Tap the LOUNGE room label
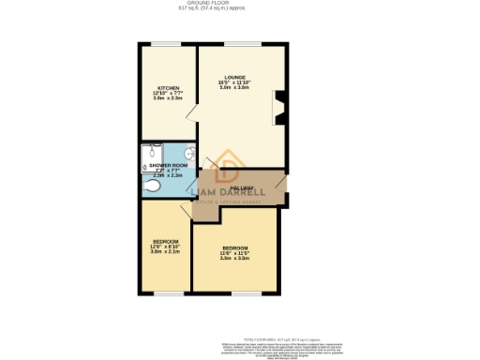pyautogui.click(x=235, y=77)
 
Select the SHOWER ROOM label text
pyautogui.click(x=168, y=165)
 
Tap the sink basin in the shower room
pyautogui.click(x=189, y=154)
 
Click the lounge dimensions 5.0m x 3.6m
pyautogui.click(x=235, y=88)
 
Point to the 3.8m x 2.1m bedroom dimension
pyautogui.click(x=165, y=251)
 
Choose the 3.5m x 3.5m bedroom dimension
pyautogui.click(x=234, y=258)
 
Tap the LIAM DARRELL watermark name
pyautogui.click(x=229, y=195)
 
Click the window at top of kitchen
pyautogui.click(x=169, y=43)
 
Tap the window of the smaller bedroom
pyautogui.click(x=169, y=293)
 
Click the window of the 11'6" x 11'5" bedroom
pyautogui.click(x=234, y=293)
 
